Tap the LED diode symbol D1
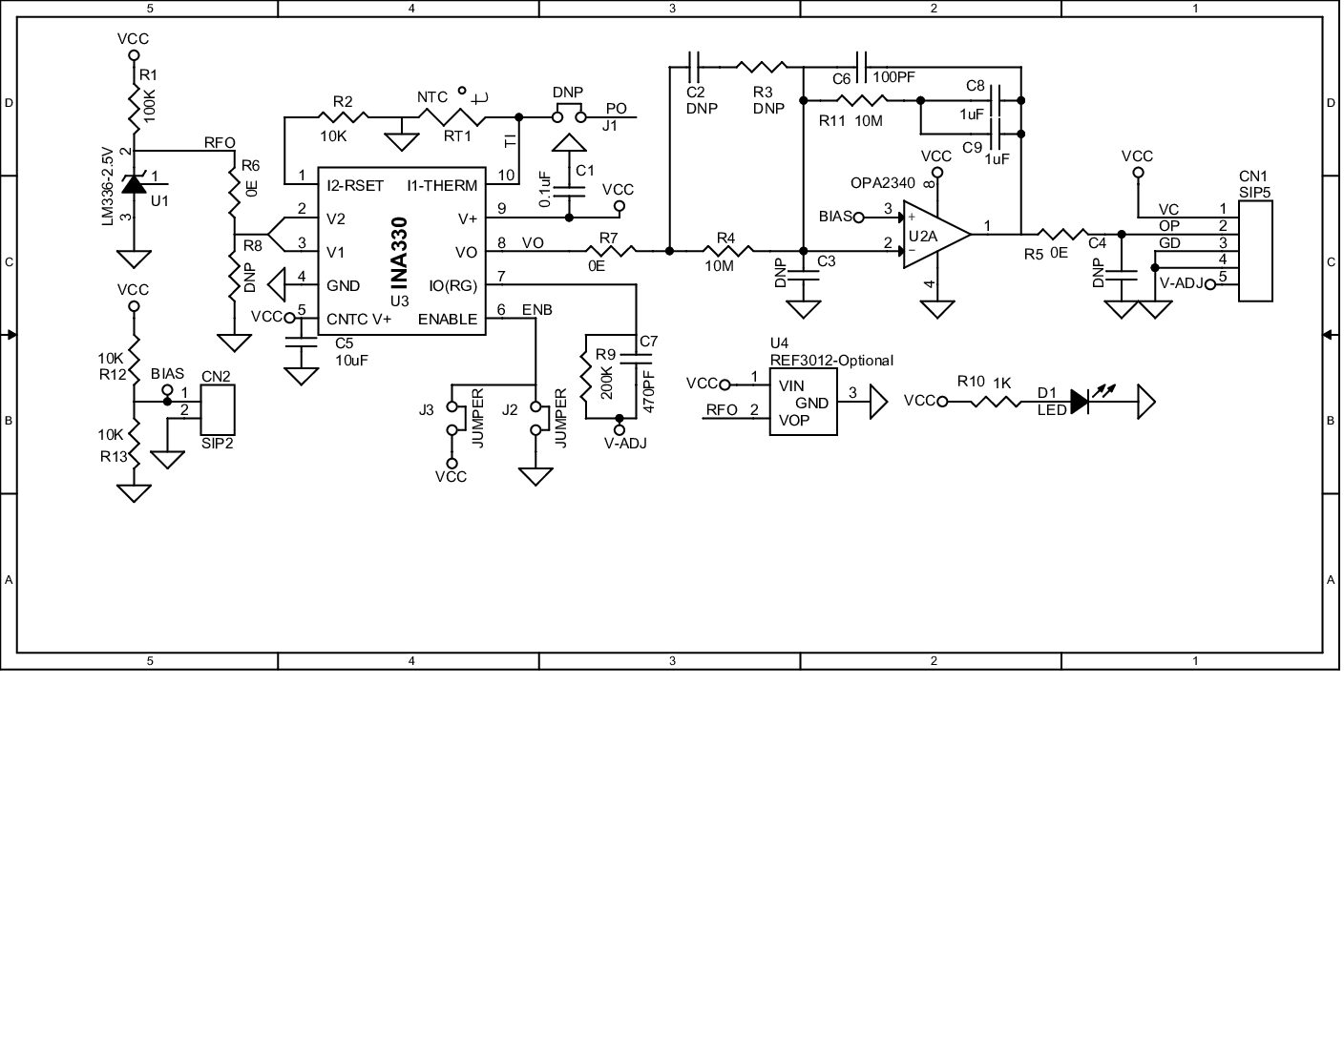(x=1080, y=402)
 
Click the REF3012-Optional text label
(x=831, y=360)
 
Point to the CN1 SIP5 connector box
(x=1255, y=251)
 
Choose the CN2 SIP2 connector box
(x=218, y=410)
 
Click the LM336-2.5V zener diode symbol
(x=134, y=185)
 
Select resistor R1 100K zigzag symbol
(x=134, y=108)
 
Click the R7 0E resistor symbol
(x=612, y=251)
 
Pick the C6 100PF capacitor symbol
(x=861, y=67)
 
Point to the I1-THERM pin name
(x=442, y=185)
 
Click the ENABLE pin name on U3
(x=447, y=319)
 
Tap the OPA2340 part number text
(x=882, y=183)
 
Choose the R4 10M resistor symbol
(x=731, y=251)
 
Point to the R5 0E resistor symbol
(x=1061, y=234)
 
